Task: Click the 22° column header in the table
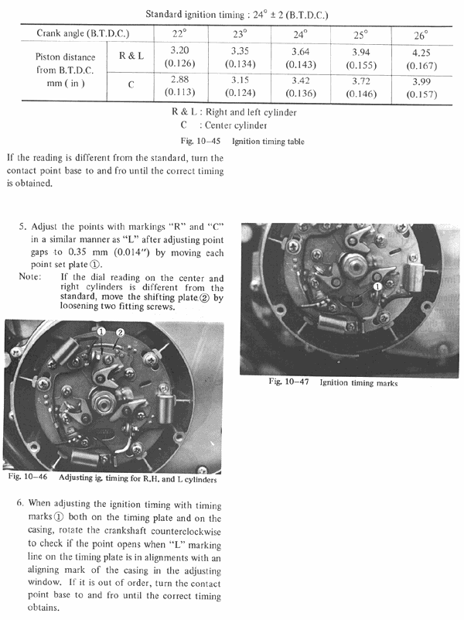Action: tap(181, 35)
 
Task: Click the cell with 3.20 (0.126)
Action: tap(181, 58)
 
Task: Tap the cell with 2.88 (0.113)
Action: tap(181, 87)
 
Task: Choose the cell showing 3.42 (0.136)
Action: tap(301, 87)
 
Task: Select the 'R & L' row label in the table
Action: tap(130, 56)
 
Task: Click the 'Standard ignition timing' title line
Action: tap(232, 12)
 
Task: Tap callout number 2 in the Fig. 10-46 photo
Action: tap(119, 332)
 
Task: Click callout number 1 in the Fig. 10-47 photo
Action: tap(378, 286)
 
